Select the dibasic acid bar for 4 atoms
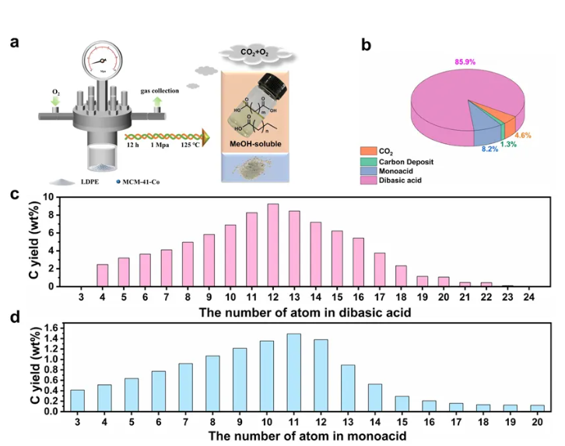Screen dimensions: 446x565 pos(103,275)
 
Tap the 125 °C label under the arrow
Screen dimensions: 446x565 pos(189,145)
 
